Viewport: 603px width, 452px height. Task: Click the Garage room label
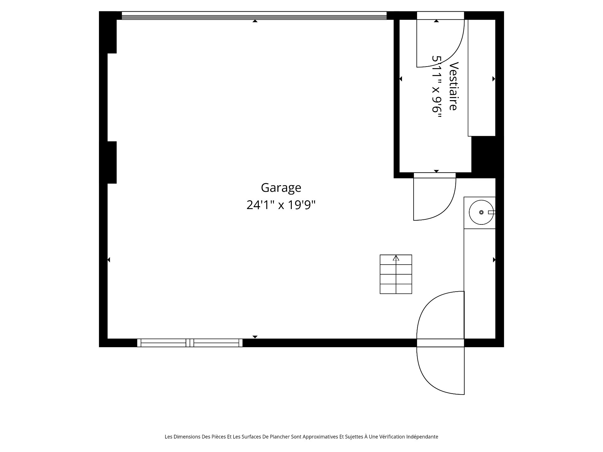[x=281, y=188]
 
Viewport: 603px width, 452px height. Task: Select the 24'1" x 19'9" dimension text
[x=281, y=205]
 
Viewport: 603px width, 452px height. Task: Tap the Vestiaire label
[x=454, y=86]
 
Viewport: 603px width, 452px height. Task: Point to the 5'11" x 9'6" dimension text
[x=437, y=89]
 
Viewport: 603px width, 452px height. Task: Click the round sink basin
[x=481, y=213]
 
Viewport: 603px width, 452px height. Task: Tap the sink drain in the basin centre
[x=481, y=213]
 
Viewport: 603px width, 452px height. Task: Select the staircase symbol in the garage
[x=396, y=274]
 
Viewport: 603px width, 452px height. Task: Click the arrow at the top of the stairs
[x=396, y=258]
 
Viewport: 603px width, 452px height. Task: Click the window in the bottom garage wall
[x=190, y=343]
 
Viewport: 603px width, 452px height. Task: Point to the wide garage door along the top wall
[x=254, y=16]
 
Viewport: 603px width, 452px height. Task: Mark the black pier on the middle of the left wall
[x=108, y=162]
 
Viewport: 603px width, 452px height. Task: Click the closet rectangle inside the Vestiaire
[x=481, y=78]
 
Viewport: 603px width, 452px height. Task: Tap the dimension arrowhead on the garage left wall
[x=109, y=260]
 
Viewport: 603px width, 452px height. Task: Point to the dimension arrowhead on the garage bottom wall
[x=255, y=337]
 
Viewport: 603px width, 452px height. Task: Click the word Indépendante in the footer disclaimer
[x=422, y=437]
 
